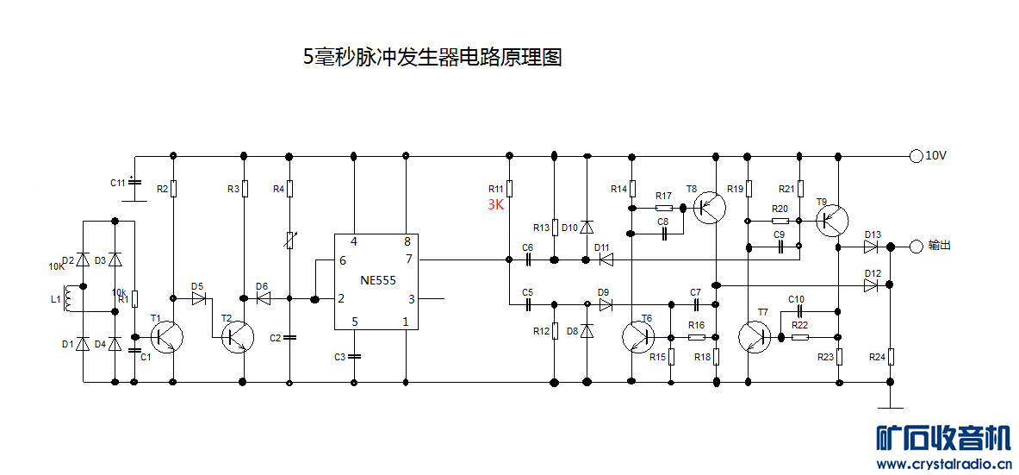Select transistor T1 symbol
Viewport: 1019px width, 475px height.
pyautogui.click(x=166, y=337)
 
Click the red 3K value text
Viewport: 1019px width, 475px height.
pyautogui.click(x=495, y=205)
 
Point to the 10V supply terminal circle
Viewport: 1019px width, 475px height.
pyautogui.click(x=915, y=156)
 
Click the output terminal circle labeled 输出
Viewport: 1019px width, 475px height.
pyautogui.click(x=916, y=247)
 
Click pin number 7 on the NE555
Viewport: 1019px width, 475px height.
pyautogui.click(x=407, y=259)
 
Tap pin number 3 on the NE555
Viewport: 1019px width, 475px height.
pyautogui.click(x=411, y=299)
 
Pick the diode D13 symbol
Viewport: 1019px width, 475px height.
pyautogui.click(x=873, y=247)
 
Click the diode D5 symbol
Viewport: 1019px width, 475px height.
pyautogui.click(x=199, y=299)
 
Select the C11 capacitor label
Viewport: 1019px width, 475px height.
pyautogui.click(x=117, y=183)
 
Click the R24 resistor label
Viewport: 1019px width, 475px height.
pyautogui.click(x=877, y=356)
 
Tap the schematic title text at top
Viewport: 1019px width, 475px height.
pyautogui.click(x=432, y=58)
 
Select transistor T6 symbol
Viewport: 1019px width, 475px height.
pyautogui.click(x=638, y=337)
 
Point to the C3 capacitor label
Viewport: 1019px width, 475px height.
pyautogui.click(x=340, y=356)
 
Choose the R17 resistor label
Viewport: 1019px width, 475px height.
pyautogui.click(x=663, y=196)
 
